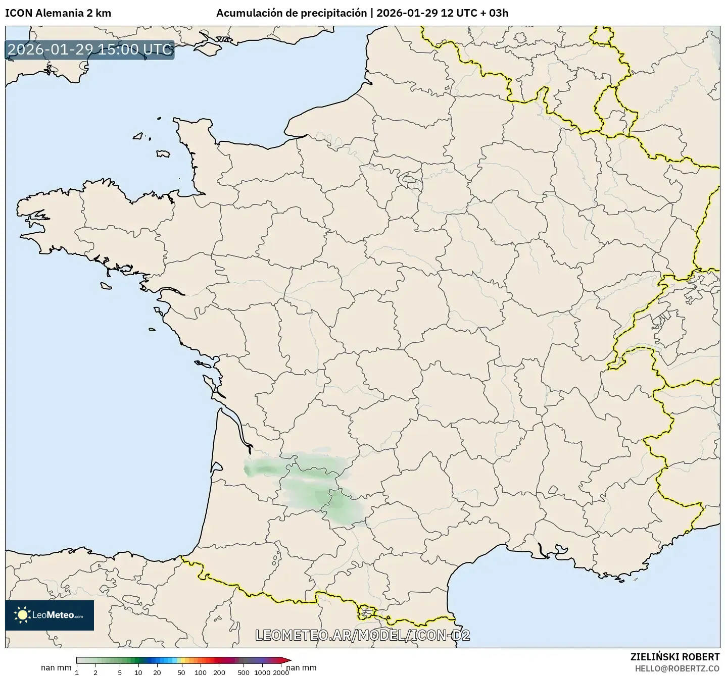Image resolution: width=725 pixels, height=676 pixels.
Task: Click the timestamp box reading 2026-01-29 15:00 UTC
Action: click(90, 49)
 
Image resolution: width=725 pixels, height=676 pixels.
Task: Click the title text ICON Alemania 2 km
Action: click(58, 13)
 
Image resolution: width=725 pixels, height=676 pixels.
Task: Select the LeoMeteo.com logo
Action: click(50, 615)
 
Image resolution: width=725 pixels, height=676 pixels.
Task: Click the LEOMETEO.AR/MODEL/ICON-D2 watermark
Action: click(362, 635)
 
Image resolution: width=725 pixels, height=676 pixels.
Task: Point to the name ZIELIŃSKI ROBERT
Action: click(675, 657)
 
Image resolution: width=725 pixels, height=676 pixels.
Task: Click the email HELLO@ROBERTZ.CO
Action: click(677, 668)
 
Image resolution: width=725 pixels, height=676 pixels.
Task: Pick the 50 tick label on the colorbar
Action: click(181, 672)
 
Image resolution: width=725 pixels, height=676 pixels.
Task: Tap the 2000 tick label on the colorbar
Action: click(281, 672)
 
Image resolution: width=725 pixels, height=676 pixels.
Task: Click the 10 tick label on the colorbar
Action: click(138, 672)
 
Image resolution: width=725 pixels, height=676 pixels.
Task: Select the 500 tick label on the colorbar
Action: click(244, 672)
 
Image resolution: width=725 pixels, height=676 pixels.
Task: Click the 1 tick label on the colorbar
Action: click(77, 672)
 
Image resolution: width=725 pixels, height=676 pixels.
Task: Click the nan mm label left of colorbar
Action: click(56, 668)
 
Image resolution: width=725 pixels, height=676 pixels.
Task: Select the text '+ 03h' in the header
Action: click(494, 13)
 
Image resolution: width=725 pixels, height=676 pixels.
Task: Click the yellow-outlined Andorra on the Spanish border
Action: click(366, 612)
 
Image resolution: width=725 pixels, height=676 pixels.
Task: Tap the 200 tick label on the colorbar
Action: click(219, 672)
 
